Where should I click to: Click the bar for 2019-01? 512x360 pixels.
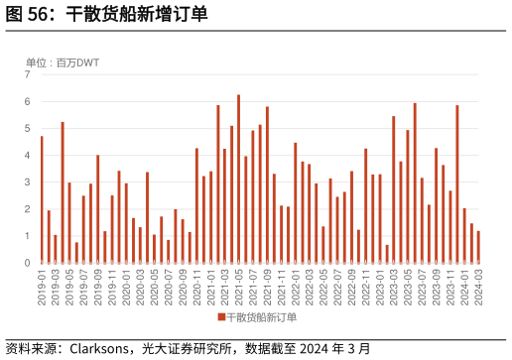point(42,199)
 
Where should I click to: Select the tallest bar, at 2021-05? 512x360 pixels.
point(238,179)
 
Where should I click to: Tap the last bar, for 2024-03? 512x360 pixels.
point(478,247)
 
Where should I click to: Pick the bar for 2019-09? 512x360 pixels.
point(98,208)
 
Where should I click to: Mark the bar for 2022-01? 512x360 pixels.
point(295,202)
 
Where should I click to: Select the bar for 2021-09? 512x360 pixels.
point(267,184)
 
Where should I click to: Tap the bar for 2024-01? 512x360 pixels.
point(464,235)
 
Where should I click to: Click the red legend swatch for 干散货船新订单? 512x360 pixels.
point(221,317)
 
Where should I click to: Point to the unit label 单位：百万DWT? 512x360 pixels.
point(63,62)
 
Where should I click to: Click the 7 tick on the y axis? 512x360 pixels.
point(28,74)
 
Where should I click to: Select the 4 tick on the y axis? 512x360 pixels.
point(28,156)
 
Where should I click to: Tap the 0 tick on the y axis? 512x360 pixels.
point(28,263)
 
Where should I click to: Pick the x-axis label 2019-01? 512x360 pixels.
point(42,287)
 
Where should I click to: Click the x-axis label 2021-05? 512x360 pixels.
point(239,287)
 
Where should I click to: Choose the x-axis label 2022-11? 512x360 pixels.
point(366,287)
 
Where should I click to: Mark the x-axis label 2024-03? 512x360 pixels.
point(478,287)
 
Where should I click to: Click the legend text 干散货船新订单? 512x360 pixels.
point(261,317)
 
